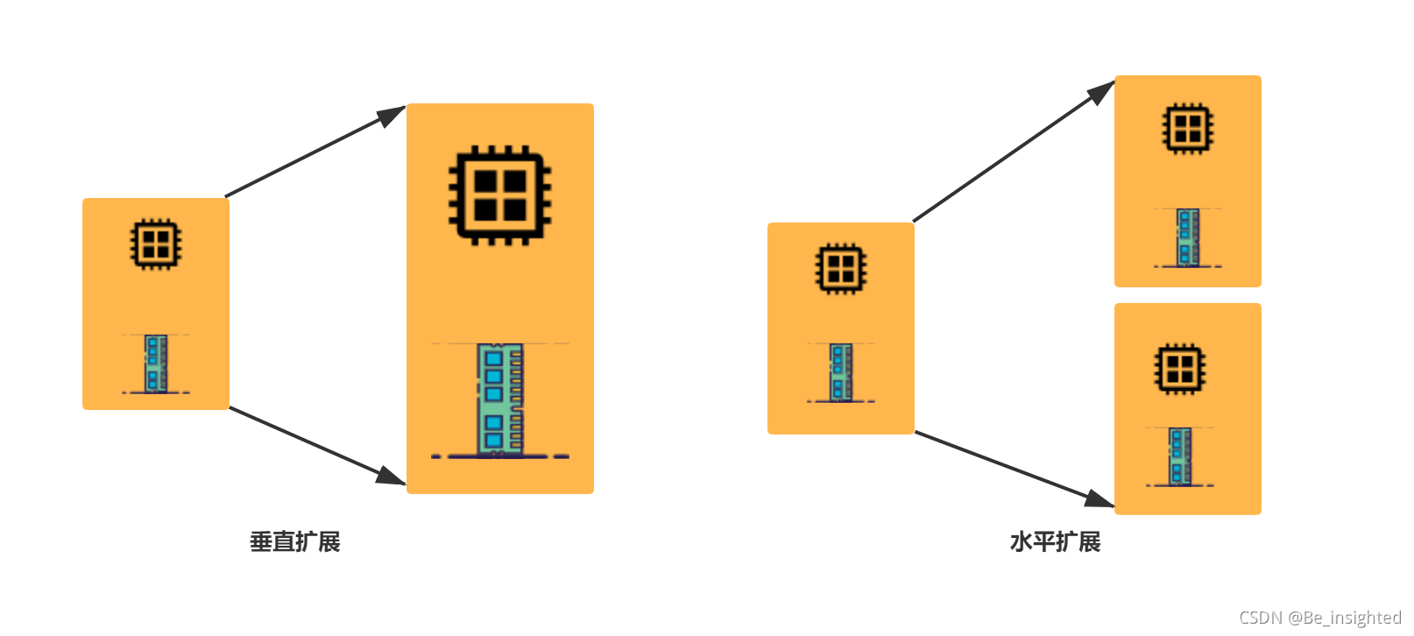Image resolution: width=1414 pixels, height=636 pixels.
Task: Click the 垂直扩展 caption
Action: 295,542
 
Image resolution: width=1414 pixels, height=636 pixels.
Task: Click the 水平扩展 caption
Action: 1055,542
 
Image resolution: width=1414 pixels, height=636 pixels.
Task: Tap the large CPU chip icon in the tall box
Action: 499,194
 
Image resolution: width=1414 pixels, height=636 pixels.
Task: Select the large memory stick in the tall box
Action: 499,399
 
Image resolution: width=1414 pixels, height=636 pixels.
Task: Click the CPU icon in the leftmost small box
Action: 156,244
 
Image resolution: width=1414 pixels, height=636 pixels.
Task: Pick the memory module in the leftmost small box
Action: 156,364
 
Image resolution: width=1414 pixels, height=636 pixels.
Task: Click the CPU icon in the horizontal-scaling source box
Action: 841,268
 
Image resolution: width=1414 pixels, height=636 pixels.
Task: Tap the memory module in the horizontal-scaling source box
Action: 841,372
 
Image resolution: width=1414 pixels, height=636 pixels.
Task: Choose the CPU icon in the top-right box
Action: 1187,128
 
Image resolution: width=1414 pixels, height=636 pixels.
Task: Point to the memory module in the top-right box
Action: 1187,237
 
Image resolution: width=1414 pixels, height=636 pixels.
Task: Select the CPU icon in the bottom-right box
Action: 1180,368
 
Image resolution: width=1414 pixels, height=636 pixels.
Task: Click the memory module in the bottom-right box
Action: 1180,456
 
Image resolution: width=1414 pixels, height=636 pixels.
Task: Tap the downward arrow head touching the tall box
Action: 392,477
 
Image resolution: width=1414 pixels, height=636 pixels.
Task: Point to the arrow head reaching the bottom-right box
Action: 1099,499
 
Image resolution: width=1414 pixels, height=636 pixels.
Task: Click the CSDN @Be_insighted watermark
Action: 1319,618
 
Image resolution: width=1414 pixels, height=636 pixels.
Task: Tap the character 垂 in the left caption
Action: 261,542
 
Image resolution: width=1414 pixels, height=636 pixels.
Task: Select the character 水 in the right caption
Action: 1021,542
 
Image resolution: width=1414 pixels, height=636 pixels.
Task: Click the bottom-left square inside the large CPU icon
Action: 485,210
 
